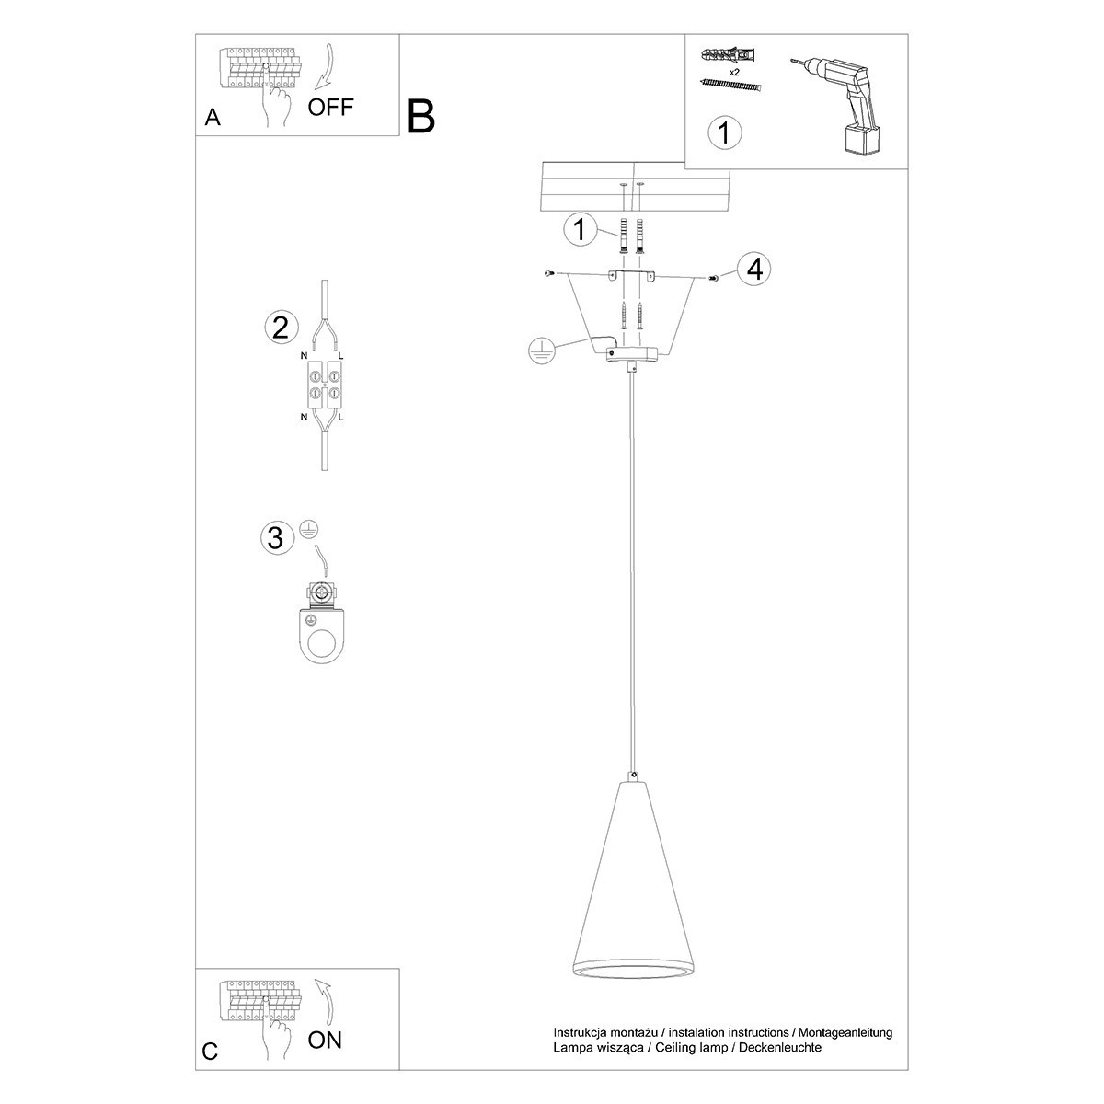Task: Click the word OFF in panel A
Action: point(330,107)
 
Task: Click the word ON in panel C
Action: point(325,1041)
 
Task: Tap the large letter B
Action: point(420,116)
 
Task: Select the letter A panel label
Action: point(213,118)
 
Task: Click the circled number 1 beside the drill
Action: point(725,132)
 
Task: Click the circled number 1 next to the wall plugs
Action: point(580,229)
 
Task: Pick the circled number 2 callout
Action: point(281,327)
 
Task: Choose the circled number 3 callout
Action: point(275,537)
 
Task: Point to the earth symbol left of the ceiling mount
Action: point(543,351)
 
